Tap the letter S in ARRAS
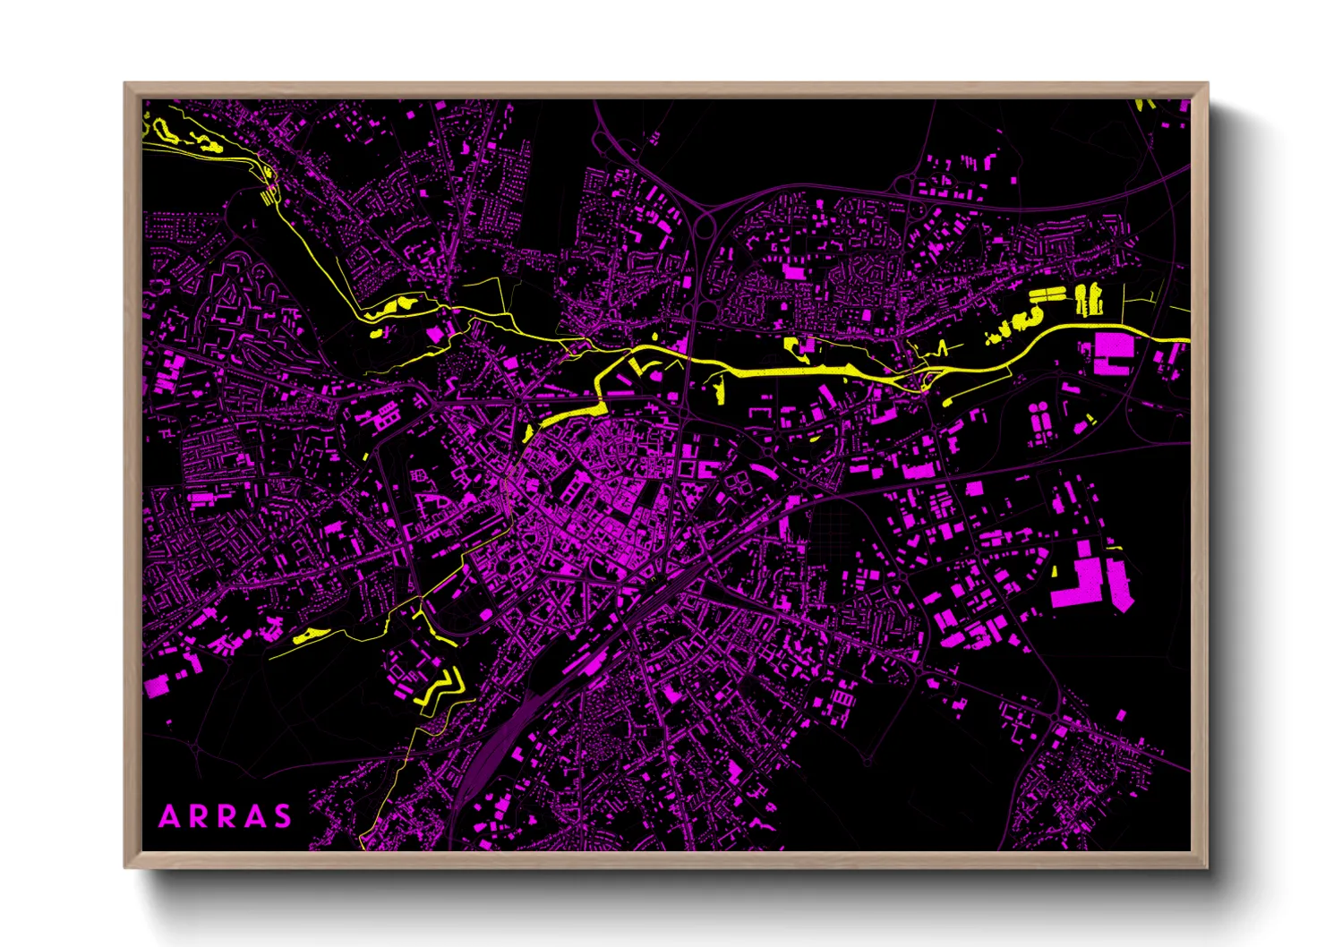(x=283, y=816)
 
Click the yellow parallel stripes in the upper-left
(x=268, y=197)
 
